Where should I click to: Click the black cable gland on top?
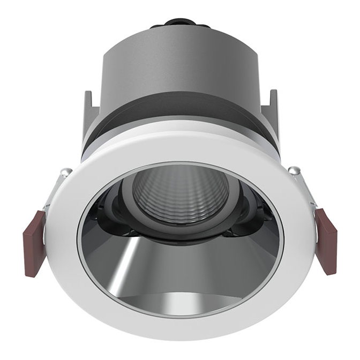coord(179,23)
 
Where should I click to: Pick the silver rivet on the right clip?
coord(294,170)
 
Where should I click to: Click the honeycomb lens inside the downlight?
coord(180,193)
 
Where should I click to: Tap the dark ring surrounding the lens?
coord(180,228)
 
